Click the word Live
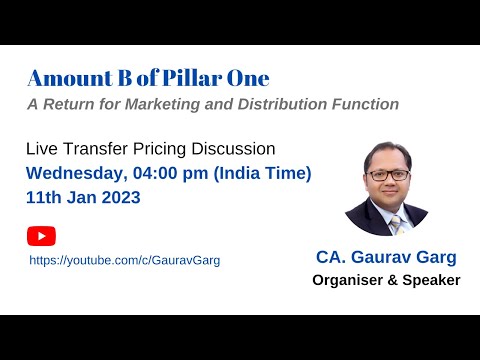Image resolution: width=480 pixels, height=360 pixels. coord(42,149)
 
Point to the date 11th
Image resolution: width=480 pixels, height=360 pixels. coord(44,197)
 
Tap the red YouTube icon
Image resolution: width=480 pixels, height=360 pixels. coord(41,236)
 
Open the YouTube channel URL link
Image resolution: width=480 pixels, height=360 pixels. coord(124,260)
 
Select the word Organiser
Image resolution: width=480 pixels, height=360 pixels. coord(344,280)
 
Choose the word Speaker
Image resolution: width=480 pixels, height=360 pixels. coord(430,280)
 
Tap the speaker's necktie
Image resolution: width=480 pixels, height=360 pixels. coord(396,224)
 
